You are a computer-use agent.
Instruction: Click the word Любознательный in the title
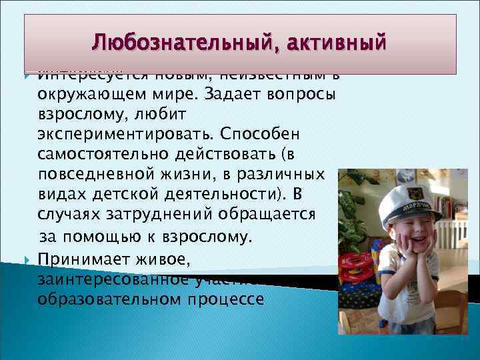179,44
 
